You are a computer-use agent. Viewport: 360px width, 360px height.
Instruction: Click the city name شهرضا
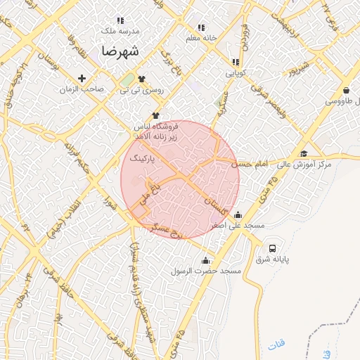(x=120, y=51)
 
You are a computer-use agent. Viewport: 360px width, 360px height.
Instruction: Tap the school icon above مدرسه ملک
(x=120, y=21)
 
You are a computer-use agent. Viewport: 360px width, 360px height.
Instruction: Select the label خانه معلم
(x=200, y=38)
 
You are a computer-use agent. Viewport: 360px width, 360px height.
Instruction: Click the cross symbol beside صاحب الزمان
(x=82, y=78)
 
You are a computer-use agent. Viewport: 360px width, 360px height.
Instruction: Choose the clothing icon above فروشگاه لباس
(x=155, y=115)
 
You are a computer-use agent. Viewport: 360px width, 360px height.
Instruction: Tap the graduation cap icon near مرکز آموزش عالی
(x=304, y=154)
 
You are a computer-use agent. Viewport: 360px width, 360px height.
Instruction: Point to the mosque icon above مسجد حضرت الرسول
(x=205, y=260)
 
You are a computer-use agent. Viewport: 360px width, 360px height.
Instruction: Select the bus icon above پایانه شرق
(x=272, y=249)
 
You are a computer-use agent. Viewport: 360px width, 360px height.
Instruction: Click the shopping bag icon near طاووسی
(x=347, y=90)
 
